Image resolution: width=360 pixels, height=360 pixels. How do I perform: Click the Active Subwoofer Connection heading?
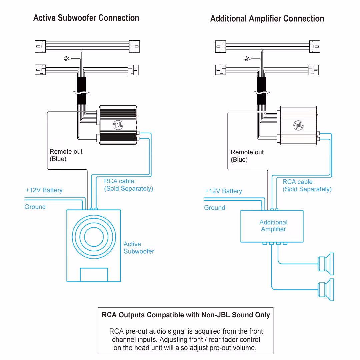(x=86, y=18)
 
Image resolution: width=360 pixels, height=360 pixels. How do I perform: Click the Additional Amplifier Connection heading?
(x=267, y=19)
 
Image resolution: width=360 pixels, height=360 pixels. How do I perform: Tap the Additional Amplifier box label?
(x=273, y=226)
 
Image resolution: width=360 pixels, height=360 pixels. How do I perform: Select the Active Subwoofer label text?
(x=139, y=248)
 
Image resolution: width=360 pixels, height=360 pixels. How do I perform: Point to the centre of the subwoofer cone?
(x=94, y=236)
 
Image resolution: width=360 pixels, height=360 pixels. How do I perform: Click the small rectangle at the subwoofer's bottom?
(x=94, y=275)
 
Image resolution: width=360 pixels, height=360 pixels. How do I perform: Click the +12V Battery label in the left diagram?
(x=44, y=190)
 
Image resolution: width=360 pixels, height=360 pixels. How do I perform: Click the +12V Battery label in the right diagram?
(x=223, y=191)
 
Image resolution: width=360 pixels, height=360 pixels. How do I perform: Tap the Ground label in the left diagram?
(x=35, y=207)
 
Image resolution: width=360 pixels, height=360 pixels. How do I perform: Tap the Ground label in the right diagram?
(x=214, y=208)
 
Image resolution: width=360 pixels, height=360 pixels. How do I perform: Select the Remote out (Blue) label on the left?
(x=66, y=155)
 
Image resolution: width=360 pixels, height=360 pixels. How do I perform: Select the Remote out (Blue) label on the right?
(x=247, y=156)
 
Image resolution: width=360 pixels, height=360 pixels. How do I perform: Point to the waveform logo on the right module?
(x=298, y=125)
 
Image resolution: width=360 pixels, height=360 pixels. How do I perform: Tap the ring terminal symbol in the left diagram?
(x=67, y=59)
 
